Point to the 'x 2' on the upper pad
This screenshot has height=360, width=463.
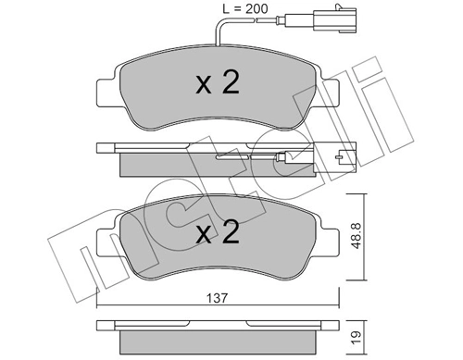pos(218,84)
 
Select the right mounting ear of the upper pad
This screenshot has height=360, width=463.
pos(331,93)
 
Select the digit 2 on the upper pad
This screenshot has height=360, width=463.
pos(231,84)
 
